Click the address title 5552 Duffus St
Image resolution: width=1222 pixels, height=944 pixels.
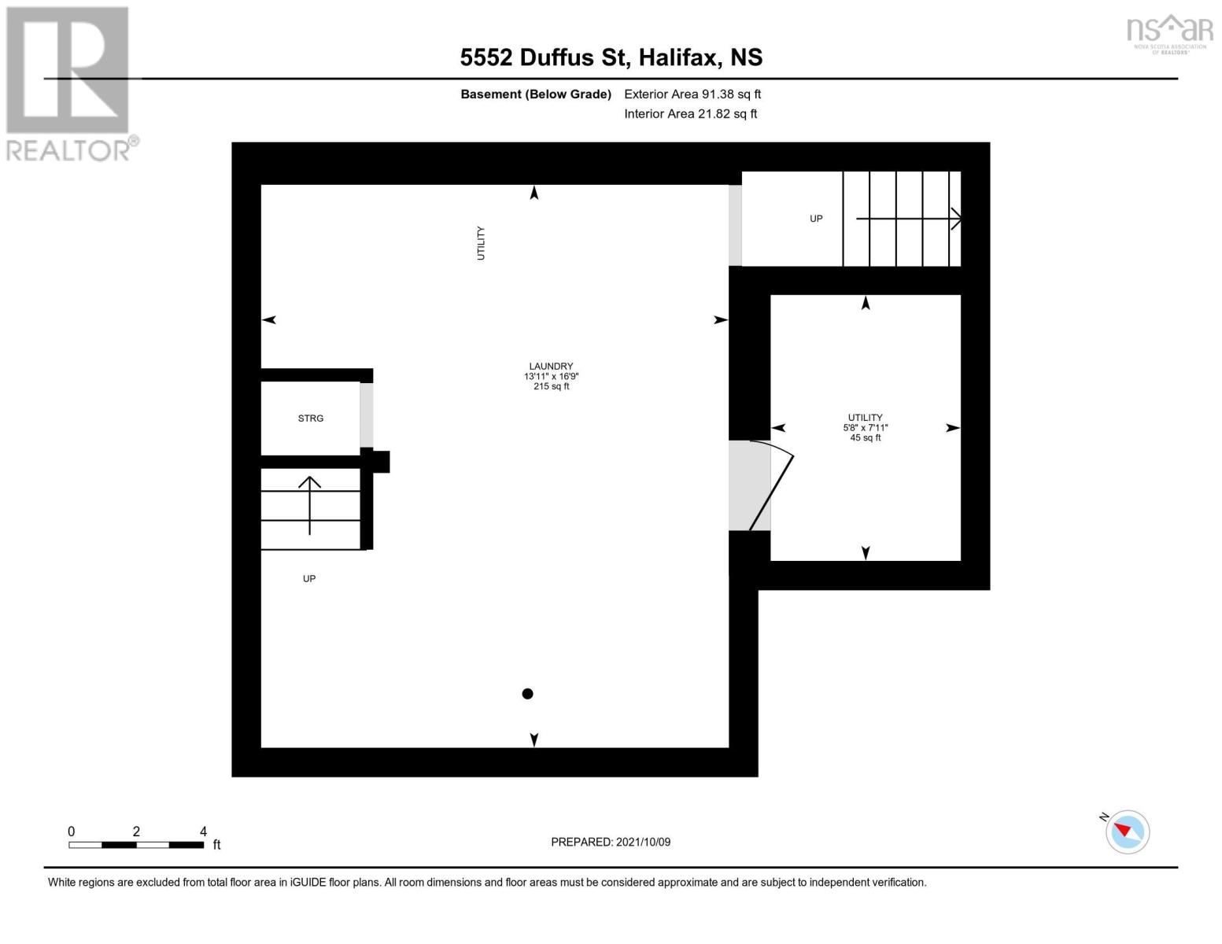(x=611, y=57)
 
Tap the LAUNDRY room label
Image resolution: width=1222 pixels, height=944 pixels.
(x=551, y=367)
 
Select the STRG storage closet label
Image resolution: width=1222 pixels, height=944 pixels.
(x=311, y=419)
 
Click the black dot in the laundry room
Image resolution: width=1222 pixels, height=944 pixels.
(x=528, y=694)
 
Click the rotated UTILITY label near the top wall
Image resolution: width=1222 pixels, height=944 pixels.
(x=481, y=243)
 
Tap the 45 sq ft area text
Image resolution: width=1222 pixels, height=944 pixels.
(x=866, y=438)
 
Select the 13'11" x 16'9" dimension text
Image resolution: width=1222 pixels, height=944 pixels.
(x=551, y=377)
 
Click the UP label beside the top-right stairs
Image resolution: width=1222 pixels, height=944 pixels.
(x=816, y=219)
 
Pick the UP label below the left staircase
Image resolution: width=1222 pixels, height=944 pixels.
(x=309, y=579)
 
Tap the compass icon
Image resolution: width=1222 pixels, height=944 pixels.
(x=1128, y=832)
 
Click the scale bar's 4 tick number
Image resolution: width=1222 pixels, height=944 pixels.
(x=203, y=832)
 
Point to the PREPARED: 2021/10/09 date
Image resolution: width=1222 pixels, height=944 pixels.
(x=611, y=843)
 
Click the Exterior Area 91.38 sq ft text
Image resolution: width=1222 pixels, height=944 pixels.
(x=692, y=94)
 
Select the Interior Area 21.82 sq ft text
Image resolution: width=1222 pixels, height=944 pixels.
(x=690, y=114)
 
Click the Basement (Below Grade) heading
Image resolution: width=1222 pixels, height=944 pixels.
(x=536, y=94)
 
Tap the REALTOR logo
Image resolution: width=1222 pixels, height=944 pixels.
(x=69, y=83)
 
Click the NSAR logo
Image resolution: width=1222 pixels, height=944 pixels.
(x=1169, y=33)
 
